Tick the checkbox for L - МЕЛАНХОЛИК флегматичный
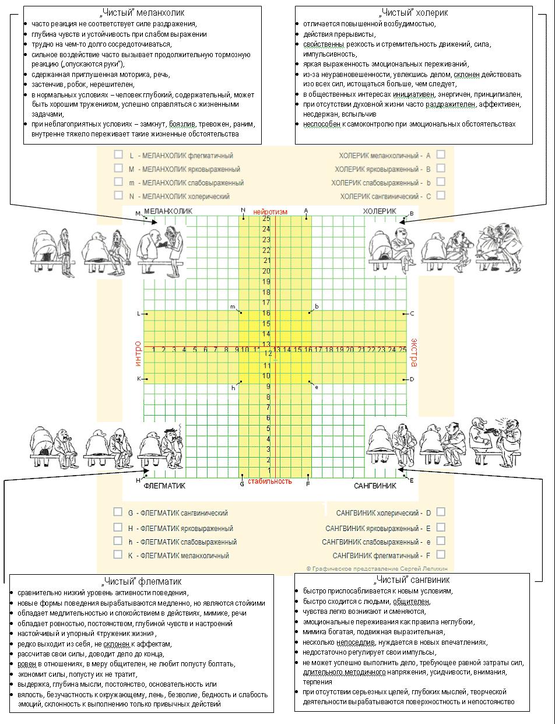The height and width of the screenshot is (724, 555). pos(118,154)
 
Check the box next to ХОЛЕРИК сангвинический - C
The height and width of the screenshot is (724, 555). pos(441,195)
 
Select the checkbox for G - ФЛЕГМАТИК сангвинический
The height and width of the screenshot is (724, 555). pos(118,512)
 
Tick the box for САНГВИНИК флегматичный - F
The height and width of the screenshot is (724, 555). pos(441,554)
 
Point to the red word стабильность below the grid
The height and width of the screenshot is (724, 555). pos(269,481)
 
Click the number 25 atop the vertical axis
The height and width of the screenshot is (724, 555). pos(266,219)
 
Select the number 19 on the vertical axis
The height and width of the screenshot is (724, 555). pos(266,282)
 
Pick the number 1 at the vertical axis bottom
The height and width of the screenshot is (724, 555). pos(269,470)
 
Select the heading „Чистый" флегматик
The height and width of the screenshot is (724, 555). pos(142,581)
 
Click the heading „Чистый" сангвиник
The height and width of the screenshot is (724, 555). pos(412,580)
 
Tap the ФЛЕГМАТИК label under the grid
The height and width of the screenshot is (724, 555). pos(164,486)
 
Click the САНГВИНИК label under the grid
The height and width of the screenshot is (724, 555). pos(375,486)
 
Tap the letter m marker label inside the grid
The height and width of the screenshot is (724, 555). pos(233,307)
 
